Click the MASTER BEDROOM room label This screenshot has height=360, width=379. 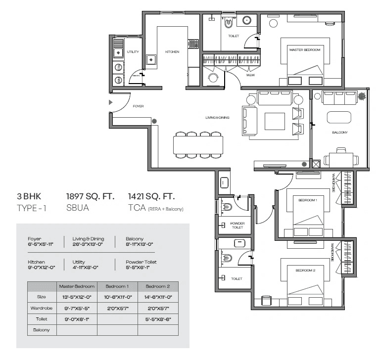[305, 50]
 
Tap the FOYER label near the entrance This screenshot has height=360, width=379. [138, 106]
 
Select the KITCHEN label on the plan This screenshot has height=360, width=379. [172, 51]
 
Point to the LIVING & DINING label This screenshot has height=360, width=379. [217, 117]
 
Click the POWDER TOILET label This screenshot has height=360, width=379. [237, 225]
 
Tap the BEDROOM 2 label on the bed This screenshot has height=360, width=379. [305, 270]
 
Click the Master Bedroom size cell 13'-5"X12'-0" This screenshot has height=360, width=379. [77, 297]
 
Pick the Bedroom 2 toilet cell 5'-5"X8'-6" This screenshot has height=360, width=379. [158, 319]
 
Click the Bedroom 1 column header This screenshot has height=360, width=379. [117, 286]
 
